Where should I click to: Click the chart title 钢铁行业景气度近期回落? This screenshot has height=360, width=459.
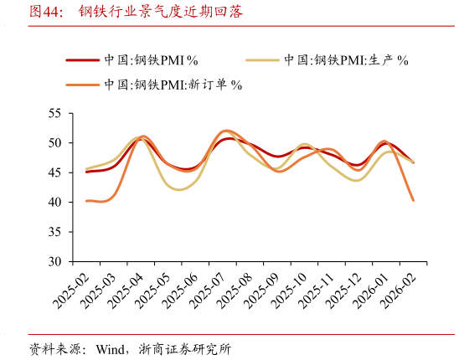click(x=161, y=12)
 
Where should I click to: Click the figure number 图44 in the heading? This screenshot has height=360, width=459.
click(x=46, y=12)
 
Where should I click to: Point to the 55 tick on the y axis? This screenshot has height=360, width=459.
click(x=55, y=113)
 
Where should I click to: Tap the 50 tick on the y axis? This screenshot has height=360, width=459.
click(x=55, y=143)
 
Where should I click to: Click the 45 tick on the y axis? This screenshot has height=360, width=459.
click(x=55, y=172)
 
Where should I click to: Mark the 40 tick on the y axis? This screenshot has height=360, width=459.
click(x=55, y=203)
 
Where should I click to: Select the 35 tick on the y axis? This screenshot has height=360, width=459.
click(x=55, y=232)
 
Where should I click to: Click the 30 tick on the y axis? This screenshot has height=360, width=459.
click(x=55, y=261)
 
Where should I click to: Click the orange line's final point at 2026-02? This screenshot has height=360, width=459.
click(x=413, y=200)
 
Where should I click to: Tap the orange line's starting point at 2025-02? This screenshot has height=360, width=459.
click(x=86, y=201)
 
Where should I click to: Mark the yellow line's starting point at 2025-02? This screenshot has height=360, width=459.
click(x=86, y=169)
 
